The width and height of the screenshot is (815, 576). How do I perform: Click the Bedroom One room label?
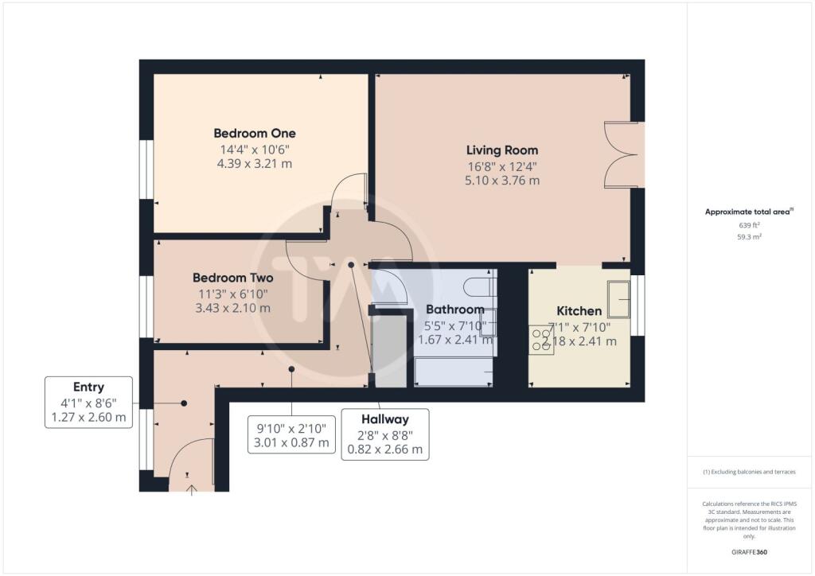255,134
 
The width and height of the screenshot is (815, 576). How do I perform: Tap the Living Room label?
502,150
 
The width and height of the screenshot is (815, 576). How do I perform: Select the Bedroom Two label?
233,278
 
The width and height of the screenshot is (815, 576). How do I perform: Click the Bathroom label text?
455,309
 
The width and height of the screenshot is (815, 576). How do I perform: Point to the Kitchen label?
579,311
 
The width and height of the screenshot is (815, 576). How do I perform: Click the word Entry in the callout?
88,387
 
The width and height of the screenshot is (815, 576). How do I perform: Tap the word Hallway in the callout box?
385,419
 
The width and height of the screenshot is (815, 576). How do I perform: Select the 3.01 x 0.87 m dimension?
291,443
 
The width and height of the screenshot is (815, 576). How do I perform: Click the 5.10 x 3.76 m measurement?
502,181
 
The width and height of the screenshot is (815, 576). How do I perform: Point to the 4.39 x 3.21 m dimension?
255,164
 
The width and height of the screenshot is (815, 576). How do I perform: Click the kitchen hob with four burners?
541,340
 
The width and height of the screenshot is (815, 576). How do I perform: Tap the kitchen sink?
619,299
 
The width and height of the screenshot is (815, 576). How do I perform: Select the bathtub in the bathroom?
454,372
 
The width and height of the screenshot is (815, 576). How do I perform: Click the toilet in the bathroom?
479,286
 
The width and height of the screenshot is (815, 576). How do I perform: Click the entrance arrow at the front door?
192,490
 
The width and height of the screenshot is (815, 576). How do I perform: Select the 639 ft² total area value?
749,225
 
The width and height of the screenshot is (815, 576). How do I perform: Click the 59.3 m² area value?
749,237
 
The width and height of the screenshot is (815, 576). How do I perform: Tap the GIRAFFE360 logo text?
749,552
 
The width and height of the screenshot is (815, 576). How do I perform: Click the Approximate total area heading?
749,212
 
